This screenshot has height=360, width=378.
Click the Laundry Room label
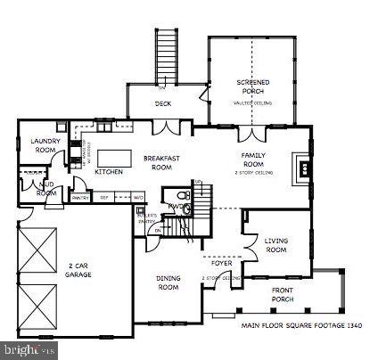tap(44, 145)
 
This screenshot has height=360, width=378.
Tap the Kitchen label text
tap(109, 171)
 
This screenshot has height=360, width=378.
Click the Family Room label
tap(254, 160)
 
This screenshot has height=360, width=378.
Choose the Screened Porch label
tap(253, 86)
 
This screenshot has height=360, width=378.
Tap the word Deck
tap(162, 104)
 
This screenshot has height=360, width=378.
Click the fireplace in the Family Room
tap(304, 166)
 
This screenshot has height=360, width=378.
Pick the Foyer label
tap(221, 264)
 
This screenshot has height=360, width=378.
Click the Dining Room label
tap(168, 282)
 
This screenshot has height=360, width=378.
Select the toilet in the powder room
tap(181, 197)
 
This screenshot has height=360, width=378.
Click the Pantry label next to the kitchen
tap(79, 197)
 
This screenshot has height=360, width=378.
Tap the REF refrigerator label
tap(104, 197)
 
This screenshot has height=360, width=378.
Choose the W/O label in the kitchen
tap(138, 197)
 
